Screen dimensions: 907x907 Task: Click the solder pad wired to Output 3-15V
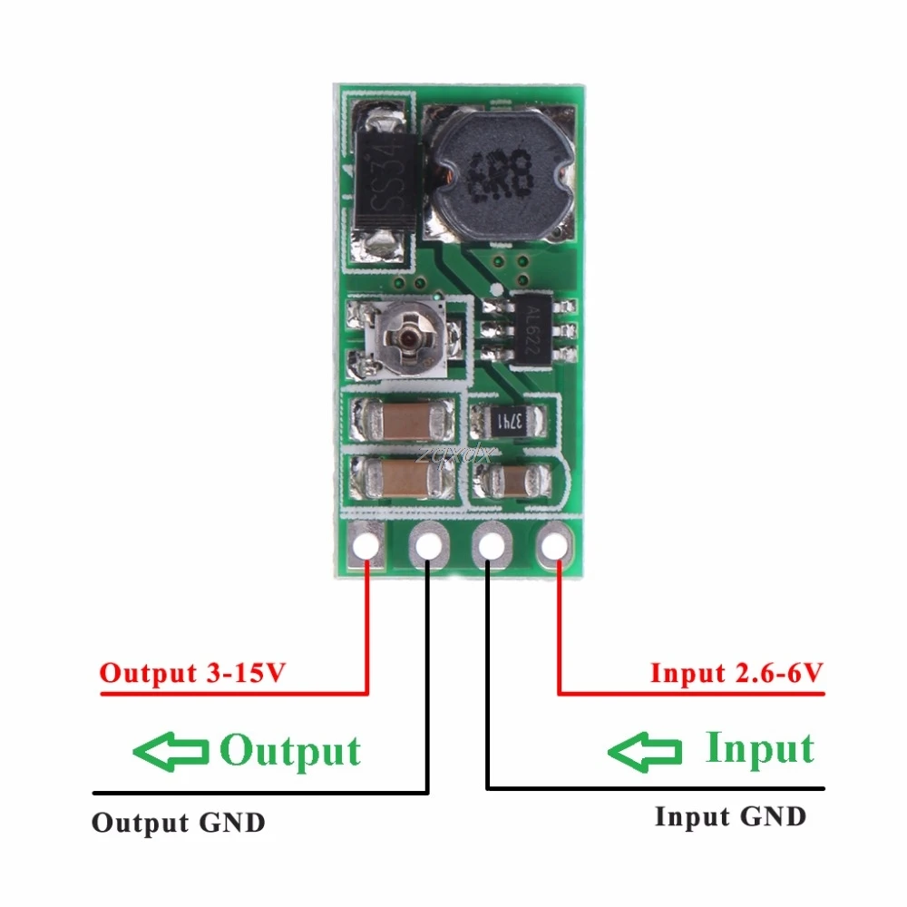point(366,546)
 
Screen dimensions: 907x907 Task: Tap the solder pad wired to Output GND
point(428,546)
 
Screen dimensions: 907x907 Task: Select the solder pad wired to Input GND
point(490,546)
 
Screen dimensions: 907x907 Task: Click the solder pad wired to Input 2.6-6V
point(551,546)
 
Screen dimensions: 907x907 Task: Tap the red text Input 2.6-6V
point(736,673)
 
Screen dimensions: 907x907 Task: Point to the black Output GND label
point(179,823)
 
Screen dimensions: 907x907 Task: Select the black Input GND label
point(730,816)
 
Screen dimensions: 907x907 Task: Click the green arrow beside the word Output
point(170,751)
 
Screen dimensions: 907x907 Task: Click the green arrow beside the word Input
point(645,751)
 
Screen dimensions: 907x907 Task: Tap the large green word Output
point(291,751)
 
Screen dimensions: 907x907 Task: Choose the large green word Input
point(760,749)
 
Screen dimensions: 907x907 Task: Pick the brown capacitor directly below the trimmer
point(400,419)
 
